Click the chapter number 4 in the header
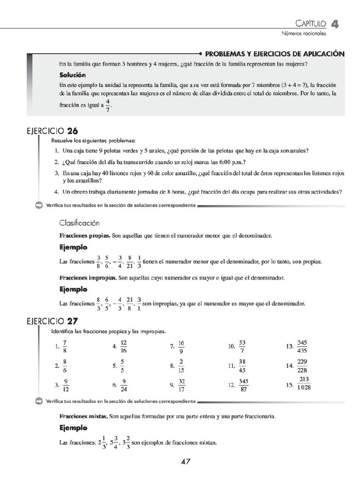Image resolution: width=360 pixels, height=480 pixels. [x=335, y=23]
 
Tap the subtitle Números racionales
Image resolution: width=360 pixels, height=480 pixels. [x=303, y=34]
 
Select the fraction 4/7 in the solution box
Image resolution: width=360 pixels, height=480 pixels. [x=108, y=105]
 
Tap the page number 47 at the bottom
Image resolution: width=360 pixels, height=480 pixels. [x=185, y=461]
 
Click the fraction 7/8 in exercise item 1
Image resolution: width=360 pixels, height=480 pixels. [x=65, y=347]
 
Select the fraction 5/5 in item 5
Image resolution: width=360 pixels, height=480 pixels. [x=122, y=366]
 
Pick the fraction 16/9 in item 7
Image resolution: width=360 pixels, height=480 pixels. [x=181, y=347]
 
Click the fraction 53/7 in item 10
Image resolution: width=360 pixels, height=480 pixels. [x=242, y=347]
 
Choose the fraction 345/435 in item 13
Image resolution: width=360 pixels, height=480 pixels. [x=302, y=347]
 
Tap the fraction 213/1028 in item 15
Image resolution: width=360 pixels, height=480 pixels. [x=304, y=383]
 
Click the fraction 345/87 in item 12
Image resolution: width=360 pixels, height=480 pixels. [x=243, y=385]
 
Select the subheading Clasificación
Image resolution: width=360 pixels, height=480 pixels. [x=79, y=223]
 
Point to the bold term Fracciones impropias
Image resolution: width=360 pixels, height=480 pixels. [x=88, y=278]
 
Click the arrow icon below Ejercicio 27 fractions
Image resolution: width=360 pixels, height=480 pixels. [x=38, y=401]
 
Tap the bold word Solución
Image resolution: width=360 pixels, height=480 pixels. [x=72, y=75]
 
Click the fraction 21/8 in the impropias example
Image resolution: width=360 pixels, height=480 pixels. [x=130, y=303]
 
